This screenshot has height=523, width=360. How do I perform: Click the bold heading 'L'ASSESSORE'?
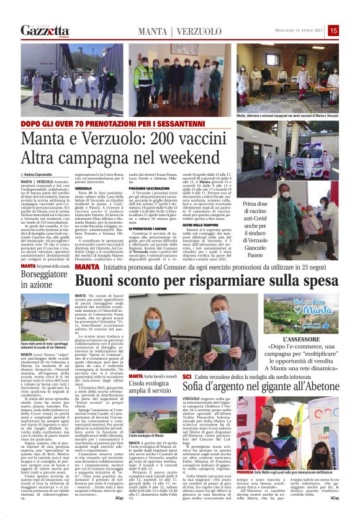300,339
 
